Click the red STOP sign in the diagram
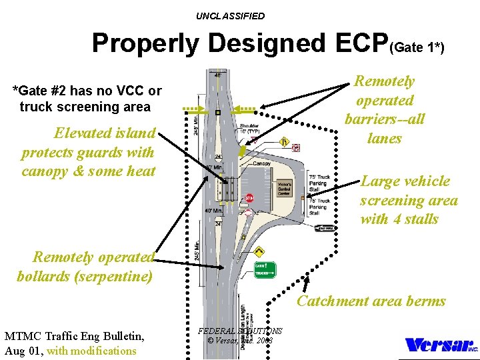pos(249,198)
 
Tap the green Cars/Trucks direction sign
pos(264,269)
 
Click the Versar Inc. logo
pos(440,345)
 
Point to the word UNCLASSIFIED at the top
pos(230,16)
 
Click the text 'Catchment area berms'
pos(371,301)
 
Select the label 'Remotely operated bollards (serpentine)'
pos(85,266)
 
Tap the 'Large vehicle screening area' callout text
pos(408,200)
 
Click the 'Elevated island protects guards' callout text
pos(88,152)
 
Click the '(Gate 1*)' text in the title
pos(417,47)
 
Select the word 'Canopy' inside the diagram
pos(262,163)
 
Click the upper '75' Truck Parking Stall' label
pos(319,181)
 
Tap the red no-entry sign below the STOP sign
pos(247,212)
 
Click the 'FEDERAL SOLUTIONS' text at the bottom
pos(240,331)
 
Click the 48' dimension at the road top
pos(218,75)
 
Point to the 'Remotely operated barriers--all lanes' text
pos(384,110)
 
